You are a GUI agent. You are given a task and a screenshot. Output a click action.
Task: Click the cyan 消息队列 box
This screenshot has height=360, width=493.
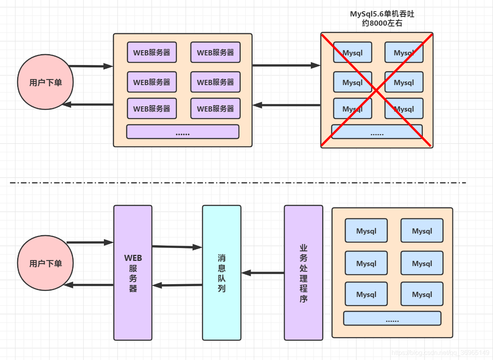pyautogui.click(x=221, y=313)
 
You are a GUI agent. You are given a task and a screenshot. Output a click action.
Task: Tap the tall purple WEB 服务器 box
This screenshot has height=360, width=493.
pyautogui.click(x=133, y=313)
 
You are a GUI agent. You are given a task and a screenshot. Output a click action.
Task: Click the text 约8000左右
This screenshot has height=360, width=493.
pyautogui.click(x=382, y=23)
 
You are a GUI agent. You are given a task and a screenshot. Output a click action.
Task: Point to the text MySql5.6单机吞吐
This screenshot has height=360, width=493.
pyautogui.click(x=382, y=14)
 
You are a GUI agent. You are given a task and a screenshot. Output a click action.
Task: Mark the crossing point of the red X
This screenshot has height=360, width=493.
pyautogui.click(x=377, y=90)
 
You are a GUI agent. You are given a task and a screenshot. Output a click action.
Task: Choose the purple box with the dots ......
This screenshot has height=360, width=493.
pyautogui.click(x=183, y=132)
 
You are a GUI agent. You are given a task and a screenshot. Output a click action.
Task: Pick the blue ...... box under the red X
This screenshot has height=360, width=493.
pyautogui.click(x=377, y=132)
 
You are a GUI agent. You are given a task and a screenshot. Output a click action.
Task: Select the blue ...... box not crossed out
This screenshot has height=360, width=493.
pyautogui.click(x=392, y=318)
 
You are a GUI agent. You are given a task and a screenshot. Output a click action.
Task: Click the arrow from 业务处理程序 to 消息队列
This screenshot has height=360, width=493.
pyautogui.click(x=263, y=273)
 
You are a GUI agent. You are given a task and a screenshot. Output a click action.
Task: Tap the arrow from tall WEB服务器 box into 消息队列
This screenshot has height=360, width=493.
pyautogui.click(x=177, y=247)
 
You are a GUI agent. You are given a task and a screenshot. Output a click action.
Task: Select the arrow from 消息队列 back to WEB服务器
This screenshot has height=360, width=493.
pyautogui.click(x=177, y=285)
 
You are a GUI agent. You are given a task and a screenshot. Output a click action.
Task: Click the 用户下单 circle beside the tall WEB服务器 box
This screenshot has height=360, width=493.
pyautogui.click(x=45, y=263)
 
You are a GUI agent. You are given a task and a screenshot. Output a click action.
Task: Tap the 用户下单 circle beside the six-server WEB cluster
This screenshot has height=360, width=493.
pyautogui.click(x=45, y=82)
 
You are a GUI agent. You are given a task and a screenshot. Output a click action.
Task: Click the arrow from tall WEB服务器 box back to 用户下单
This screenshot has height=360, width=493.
pyautogui.click(x=89, y=285)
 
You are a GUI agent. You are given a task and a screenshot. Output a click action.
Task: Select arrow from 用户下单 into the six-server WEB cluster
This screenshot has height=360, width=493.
pyautogui.click(x=91, y=66)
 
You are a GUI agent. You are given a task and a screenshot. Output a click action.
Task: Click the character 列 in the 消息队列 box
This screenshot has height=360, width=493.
pyautogui.click(x=221, y=289)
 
